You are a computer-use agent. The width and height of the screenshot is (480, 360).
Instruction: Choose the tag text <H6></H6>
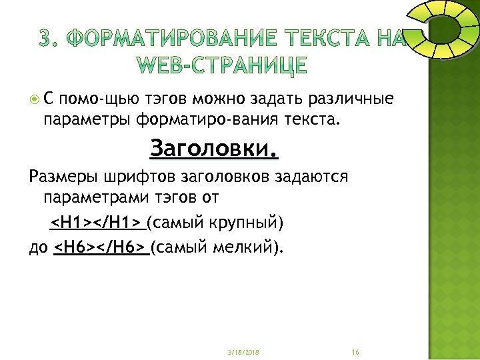pos(99,247)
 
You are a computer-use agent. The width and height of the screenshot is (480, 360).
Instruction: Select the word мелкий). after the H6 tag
pos(247,247)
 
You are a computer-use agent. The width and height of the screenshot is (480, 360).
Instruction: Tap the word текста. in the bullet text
pos(317,121)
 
